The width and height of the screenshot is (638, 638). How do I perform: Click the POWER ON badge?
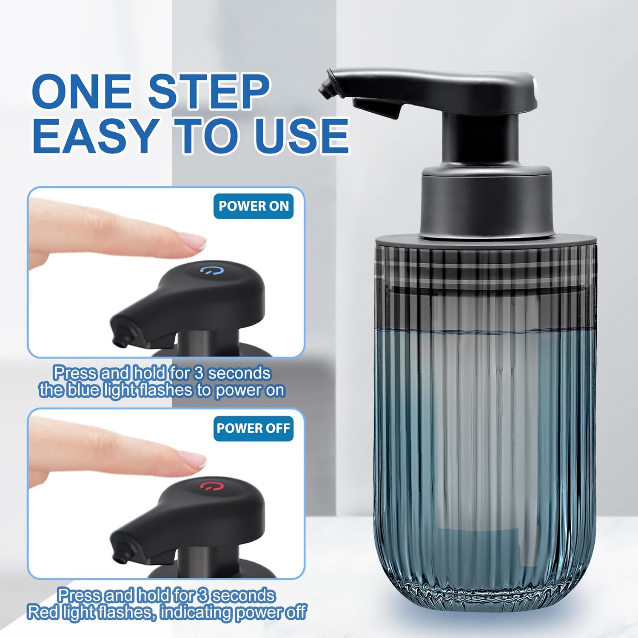click(x=253, y=206)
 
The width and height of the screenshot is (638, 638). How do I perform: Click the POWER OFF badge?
click(x=253, y=428)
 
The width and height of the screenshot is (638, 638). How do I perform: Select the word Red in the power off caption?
click(x=43, y=612)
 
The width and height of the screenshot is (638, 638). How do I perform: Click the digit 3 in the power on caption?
click(x=199, y=373)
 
